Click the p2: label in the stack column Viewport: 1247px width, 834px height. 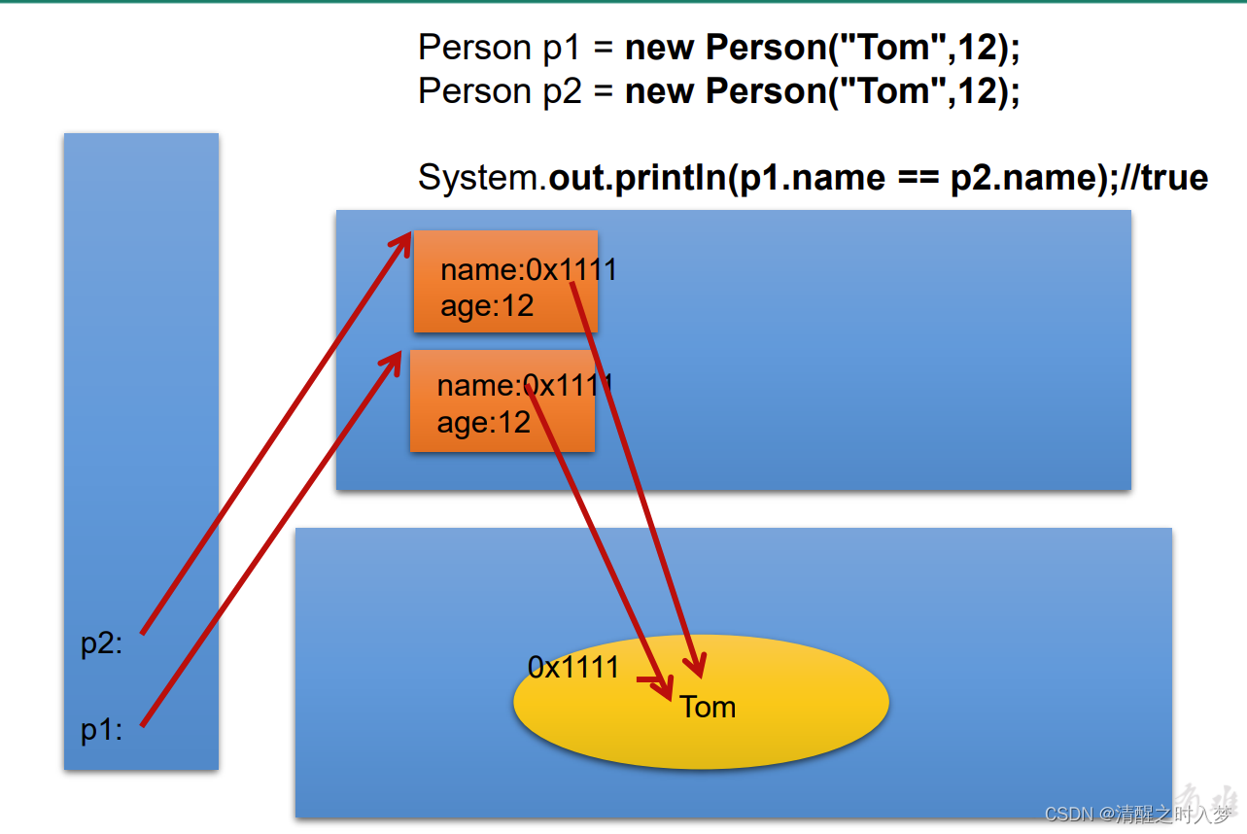point(101,644)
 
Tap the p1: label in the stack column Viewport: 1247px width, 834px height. point(101,730)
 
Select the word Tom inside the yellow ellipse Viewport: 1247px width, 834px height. point(708,707)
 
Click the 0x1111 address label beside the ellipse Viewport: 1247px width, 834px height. point(573,667)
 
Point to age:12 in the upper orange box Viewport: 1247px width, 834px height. point(487,306)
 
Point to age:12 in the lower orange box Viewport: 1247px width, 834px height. point(483,422)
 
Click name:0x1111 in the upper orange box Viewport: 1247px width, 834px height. point(528,269)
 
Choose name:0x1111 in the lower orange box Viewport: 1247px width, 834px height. point(524,385)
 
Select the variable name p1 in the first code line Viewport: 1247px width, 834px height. point(560,47)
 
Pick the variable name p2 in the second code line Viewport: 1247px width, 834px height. point(560,90)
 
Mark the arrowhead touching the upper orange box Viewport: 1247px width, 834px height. point(402,242)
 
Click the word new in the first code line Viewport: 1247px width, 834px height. point(660,47)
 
